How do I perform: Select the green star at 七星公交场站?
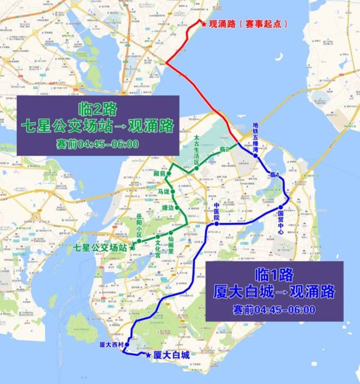coord(131,247)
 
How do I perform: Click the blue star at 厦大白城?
coord(149,355)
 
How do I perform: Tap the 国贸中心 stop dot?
coord(280,208)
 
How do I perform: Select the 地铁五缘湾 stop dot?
coord(255,155)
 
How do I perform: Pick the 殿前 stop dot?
coord(169,173)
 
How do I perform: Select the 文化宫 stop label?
coord(158,248)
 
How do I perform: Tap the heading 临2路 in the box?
coord(98,109)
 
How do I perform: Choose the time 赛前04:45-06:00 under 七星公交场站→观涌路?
coord(98,144)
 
